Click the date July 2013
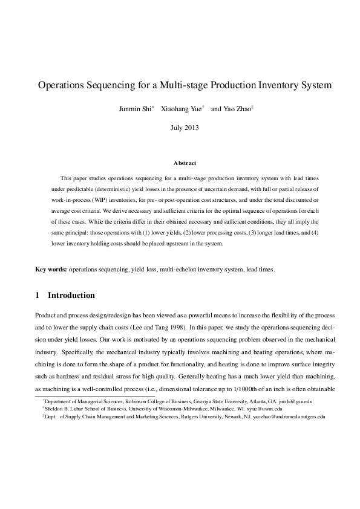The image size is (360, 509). [x=184, y=128]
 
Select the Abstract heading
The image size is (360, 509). [x=184, y=163]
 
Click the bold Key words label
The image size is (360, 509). [x=51, y=269]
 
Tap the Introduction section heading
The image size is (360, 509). [x=71, y=296]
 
